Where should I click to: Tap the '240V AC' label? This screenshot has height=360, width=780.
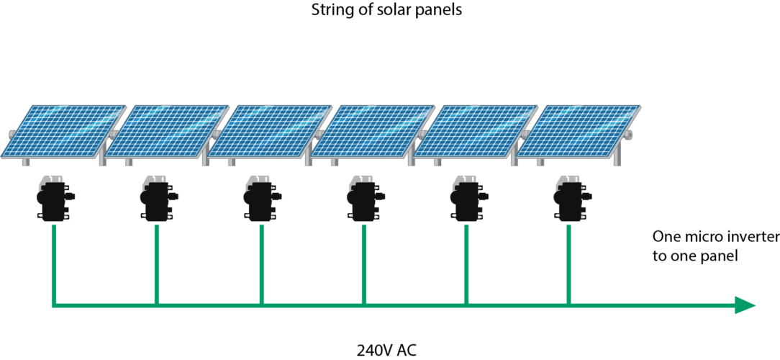pos(386,351)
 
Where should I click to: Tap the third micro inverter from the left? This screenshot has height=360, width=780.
pos(260,197)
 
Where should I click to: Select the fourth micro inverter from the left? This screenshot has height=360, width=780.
pos(363,197)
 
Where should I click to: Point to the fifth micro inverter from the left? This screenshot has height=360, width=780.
pos(466,197)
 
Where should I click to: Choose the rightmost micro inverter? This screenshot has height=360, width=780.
pos(569,197)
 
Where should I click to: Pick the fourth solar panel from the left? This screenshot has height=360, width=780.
pos(374,130)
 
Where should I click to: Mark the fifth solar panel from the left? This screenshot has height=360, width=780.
pos(476,130)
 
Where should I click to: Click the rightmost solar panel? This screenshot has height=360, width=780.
pos(580,130)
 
